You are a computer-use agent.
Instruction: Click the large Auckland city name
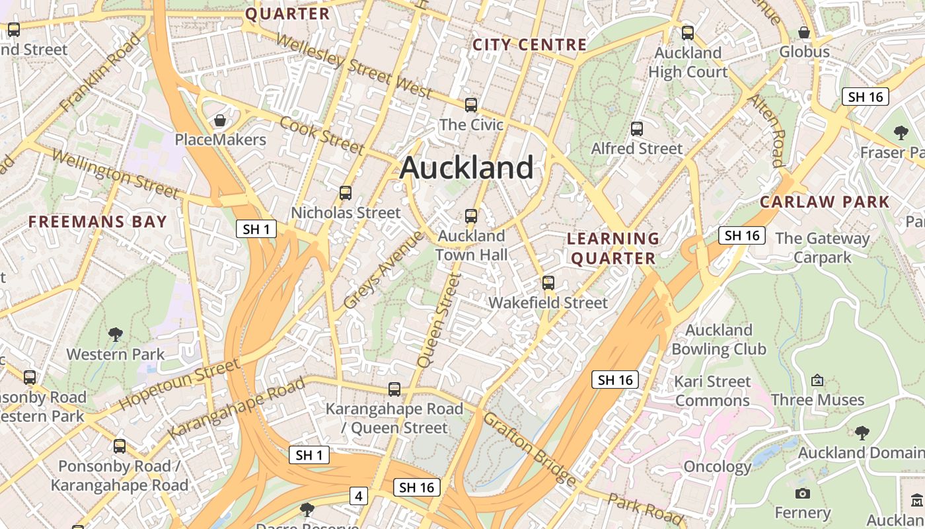pos(466,167)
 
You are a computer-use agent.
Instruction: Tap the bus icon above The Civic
pos(471,104)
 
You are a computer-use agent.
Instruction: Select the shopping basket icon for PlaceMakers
pos(220,120)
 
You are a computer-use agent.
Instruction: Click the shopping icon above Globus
pos(804,32)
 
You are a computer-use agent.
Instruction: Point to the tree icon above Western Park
pos(116,334)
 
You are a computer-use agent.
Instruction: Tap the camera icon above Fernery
pos(803,493)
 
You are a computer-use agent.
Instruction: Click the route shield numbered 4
pos(359,495)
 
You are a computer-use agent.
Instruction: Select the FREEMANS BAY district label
pos(98,222)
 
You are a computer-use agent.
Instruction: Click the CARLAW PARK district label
pos(825,202)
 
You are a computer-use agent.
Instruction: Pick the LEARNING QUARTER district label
pos(613,248)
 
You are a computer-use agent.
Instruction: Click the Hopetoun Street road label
pos(179,384)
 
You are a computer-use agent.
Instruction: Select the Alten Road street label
pos(766,130)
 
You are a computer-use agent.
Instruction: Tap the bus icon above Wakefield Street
pos(548,283)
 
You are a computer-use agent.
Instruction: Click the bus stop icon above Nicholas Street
pos(346,193)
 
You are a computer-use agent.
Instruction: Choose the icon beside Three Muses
pos(817,380)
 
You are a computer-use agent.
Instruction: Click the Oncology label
pos(718,467)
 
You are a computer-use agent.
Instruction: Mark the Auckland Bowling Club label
pos(719,339)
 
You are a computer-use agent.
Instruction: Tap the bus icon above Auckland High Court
pos(688,32)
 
